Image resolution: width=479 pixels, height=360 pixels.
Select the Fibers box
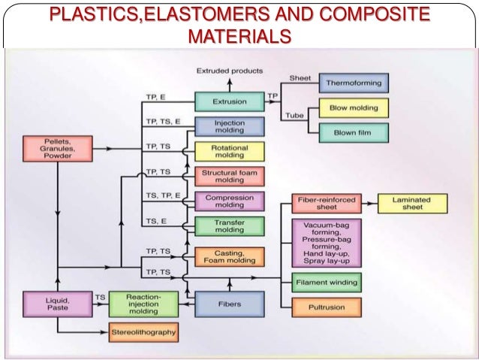229,304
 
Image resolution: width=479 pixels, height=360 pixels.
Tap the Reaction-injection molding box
143,304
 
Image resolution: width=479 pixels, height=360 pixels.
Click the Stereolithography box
143,331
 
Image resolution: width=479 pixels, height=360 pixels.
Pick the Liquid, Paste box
57,303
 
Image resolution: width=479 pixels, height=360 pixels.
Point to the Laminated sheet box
412,203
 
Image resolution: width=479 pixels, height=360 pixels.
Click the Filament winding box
326,283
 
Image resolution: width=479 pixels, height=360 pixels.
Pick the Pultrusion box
326,307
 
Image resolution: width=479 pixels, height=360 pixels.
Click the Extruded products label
230,71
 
